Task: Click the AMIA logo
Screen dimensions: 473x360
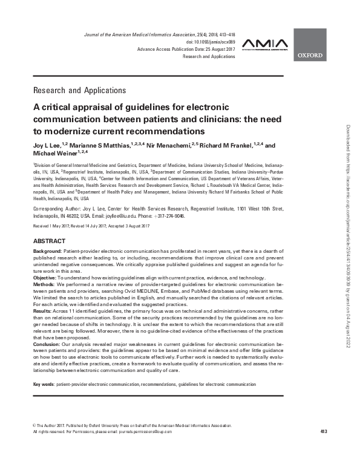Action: coord(263,44)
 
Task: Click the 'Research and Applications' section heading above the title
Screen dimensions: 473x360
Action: coord(80,91)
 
